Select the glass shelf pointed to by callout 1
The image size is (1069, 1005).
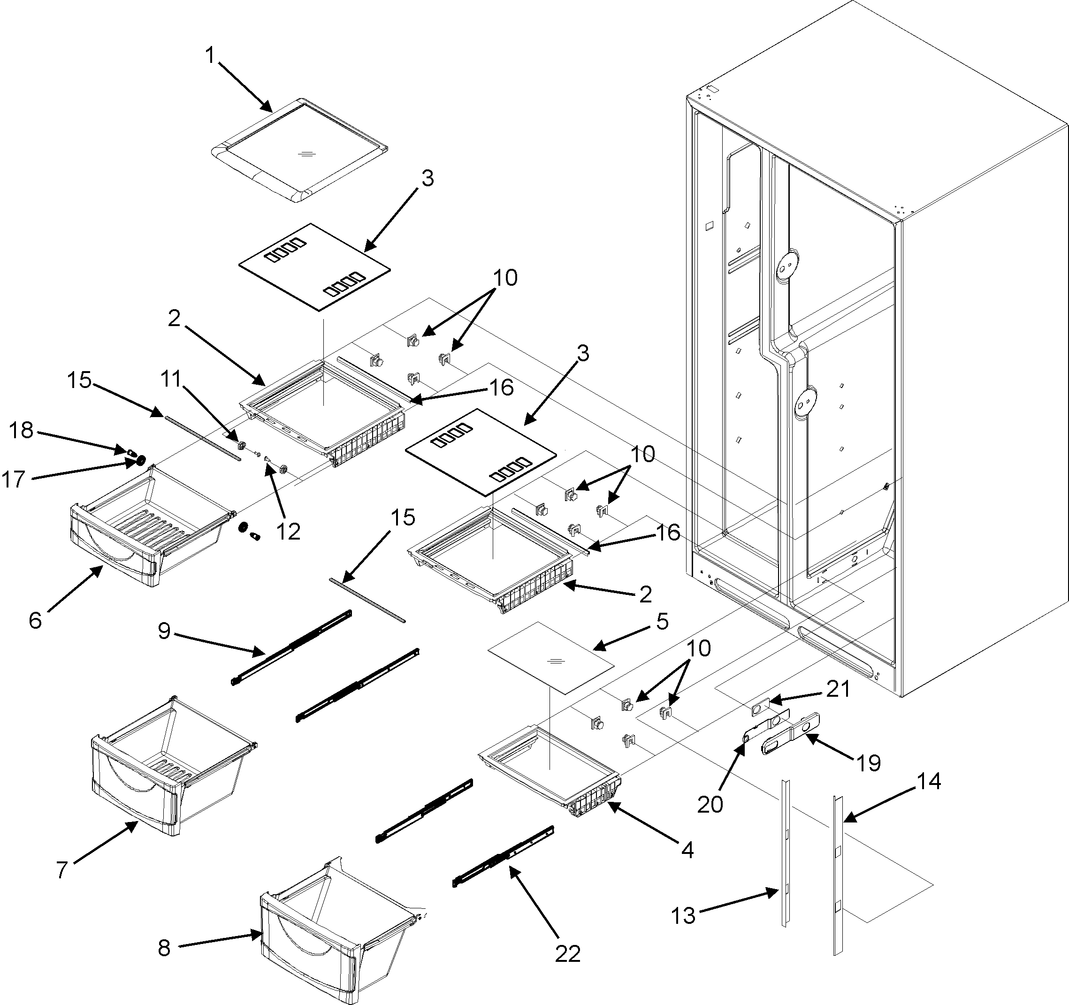click(299, 151)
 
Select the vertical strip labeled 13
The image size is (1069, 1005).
click(786, 855)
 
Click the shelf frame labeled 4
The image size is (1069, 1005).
click(549, 763)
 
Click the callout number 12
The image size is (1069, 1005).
click(288, 532)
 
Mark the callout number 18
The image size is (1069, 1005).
click(22, 430)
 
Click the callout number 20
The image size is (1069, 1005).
click(710, 805)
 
